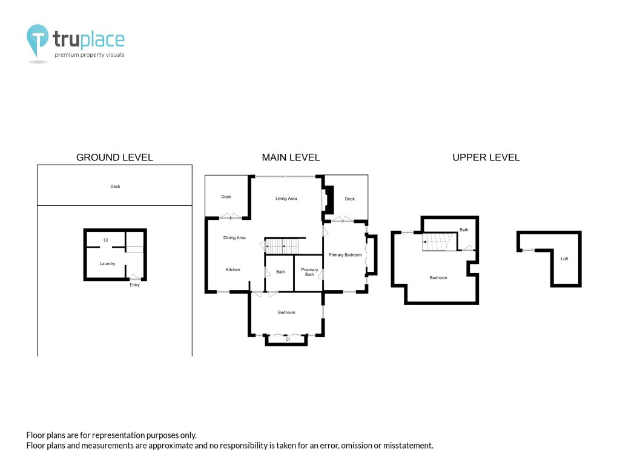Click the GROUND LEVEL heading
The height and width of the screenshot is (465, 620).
click(x=114, y=157)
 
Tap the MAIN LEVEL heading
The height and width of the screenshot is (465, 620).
click(x=291, y=157)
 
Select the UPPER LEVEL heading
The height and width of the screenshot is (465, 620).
click(x=486, y=157)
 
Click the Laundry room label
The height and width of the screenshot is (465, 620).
click(x=107, y=264)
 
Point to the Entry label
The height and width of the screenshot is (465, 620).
click(x=135, y=285)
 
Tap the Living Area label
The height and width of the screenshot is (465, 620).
click(x=286, y=199)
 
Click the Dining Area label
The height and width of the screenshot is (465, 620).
click(x=234, y=237)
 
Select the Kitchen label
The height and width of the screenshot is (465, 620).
click(x=233, y=269)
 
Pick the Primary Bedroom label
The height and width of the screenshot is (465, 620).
click(x=345, y=255)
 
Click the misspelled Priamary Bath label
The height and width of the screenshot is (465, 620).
click(x=309, y=272)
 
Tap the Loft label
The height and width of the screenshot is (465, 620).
click(x=564, y=259)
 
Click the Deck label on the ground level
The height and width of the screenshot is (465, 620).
click(x=115, y=186)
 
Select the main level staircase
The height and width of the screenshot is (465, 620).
click(x=282, y=246)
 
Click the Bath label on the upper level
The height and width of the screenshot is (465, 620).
click(x=464, y=229)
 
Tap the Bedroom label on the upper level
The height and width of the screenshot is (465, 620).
click(x=438, y=277)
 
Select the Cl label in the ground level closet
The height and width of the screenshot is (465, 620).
click(x=105, y=240)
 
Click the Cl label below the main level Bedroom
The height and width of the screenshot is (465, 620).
click(x=288, y=339)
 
